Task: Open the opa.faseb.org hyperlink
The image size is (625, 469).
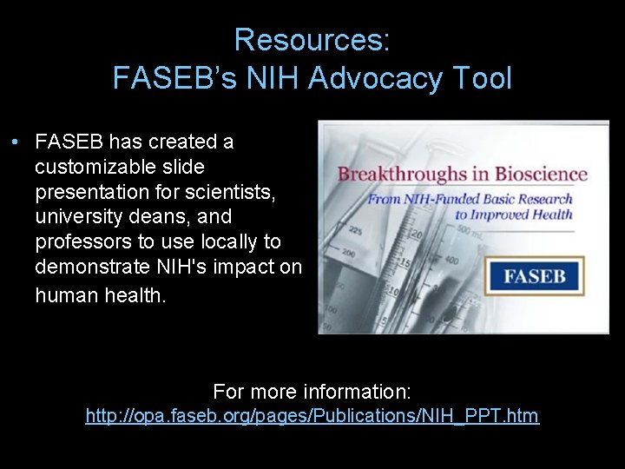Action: [312, 416]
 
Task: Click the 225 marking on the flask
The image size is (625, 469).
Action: [355, 232]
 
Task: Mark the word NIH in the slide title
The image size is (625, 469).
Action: [270, 79]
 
